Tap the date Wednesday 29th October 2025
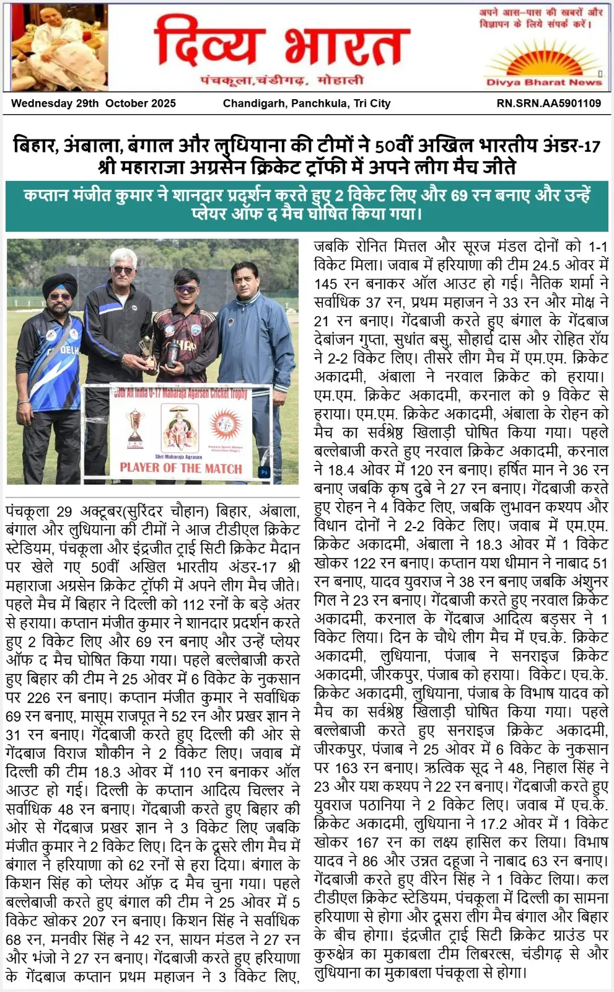tap(93, 104)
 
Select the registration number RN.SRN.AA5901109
tap(548, 104)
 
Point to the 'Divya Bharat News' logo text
tap(543, 82)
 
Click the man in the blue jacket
tap(254, 329)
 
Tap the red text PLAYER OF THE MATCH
tap(181, 467)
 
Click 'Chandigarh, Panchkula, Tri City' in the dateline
tap(307, 104)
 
